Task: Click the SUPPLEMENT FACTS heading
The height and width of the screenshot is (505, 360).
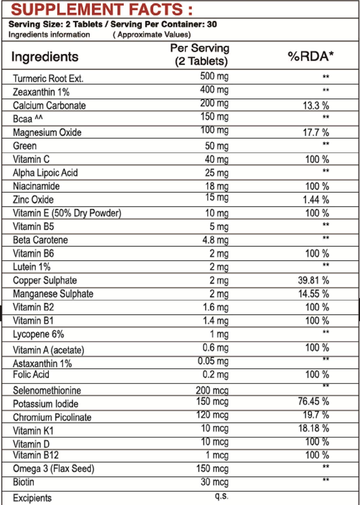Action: click(101, 9)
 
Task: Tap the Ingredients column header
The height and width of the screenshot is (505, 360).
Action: click(45, 57)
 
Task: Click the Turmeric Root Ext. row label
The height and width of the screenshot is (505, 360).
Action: click(48, 79)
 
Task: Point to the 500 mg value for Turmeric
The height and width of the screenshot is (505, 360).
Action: click(214, 76)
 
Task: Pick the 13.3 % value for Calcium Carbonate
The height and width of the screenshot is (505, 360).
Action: click(316, 105)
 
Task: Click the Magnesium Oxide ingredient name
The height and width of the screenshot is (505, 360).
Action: click(47, 132)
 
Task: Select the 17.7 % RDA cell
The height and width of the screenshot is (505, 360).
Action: click(316, 132)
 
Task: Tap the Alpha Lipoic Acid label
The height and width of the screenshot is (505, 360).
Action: click(45, 173)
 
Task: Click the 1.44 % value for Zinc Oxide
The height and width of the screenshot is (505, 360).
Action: click(315, 199)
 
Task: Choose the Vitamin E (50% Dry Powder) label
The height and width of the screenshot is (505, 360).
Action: click(67, 213)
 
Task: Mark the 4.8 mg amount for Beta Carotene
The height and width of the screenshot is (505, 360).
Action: click(215, 240)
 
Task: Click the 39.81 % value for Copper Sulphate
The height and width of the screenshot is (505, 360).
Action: click(313, 280)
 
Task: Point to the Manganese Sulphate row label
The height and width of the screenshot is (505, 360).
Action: click(53, 294)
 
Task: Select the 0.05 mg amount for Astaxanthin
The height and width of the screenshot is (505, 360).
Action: click(213, 361)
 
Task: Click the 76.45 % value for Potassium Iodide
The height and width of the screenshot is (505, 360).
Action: click(313, 401)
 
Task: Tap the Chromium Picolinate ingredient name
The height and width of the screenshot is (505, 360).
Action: click(52, 417)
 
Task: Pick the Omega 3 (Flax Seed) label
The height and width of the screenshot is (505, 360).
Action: click(53, 469)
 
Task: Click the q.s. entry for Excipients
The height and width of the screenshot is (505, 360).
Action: click(221, 496)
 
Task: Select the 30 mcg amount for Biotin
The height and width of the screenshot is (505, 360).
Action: click(214, 482)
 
